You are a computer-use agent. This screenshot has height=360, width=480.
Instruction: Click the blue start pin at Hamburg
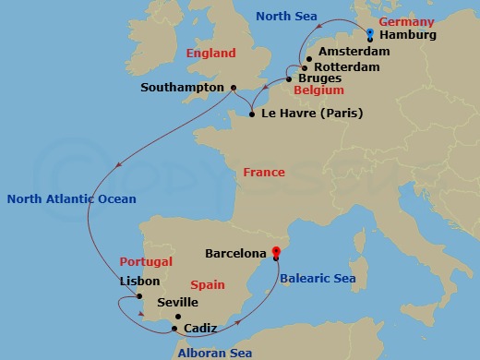pos(369,34)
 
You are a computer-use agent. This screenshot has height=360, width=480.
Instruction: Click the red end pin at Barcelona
pos(276,251)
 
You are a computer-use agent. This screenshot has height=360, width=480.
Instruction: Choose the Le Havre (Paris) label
pos(312,114)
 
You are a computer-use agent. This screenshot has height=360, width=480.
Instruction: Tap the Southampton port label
pos(183,88)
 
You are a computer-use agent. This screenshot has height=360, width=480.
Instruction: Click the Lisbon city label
pos(139,282)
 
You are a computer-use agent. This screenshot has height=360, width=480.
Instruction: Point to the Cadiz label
pos(201,328)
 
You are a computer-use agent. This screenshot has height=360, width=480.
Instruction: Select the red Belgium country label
pos(318,92)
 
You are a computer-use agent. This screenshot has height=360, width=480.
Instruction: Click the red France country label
pos(263,174)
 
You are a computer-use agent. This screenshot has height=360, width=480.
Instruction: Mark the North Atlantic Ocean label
pos(71,198)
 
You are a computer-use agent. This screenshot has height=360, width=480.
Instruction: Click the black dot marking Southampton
pos(233,88)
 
